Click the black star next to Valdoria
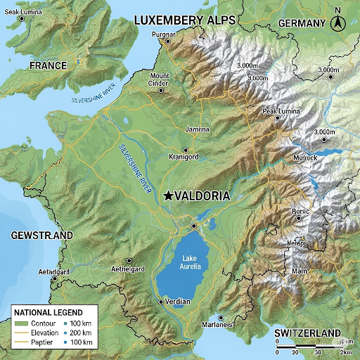pos(167,197)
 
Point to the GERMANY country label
pos(302,23)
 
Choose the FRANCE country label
pos(49,65)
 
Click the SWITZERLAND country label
pos(307,333)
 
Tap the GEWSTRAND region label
pos(42,235)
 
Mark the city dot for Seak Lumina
pos(22,19)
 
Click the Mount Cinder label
pos(160,79)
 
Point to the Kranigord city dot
pos(186,150)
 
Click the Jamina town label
pos(197,129)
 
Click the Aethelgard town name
pos(128,269)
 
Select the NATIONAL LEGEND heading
pos(49,312)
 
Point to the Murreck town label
pos(305,157)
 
